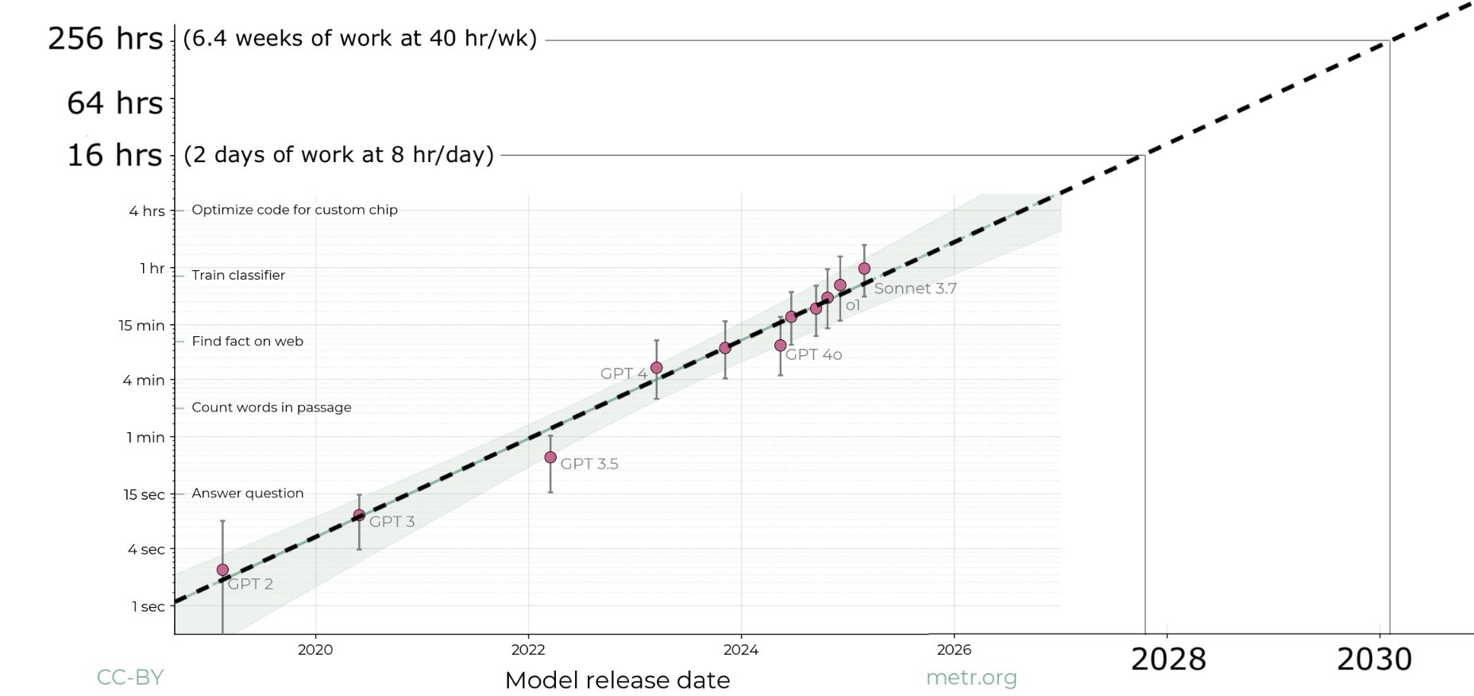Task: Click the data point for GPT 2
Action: coord(222,570)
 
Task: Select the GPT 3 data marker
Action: coord(359,515)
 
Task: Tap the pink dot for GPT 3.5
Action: coord(550,457)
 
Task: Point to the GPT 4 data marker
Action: coord(657,367)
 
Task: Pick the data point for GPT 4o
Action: coord(781,346)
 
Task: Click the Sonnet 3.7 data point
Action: coord(865,269)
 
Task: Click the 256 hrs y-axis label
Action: coord(105,38)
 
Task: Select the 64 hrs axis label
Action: coord(114,103)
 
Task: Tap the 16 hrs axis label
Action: coord(114,155)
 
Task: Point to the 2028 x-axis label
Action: coord(1167,659)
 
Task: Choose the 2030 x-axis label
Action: coord(1374,659)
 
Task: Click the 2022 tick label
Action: coord(528,650)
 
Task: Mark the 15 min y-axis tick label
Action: coord(141,325)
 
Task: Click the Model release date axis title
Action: coord(617,680)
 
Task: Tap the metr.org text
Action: coord(971,678)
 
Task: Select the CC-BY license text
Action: coord(130,677)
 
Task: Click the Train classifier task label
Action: coord(238,275)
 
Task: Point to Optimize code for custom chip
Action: coord(295,210)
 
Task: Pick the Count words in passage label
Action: coord(272,407)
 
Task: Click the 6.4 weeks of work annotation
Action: coord(360,38)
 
